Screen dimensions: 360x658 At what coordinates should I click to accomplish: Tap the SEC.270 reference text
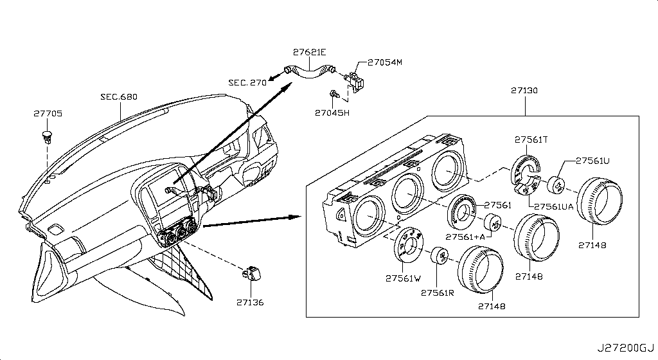(247, 83)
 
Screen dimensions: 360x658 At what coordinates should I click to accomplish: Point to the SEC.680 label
(119, 97)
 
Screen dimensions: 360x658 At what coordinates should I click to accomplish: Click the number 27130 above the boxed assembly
(524, 91)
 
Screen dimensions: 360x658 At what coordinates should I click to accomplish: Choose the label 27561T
(530, 139)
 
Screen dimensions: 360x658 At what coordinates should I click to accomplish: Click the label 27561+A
(466, 236)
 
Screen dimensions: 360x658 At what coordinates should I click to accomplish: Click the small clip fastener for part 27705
(47, 136)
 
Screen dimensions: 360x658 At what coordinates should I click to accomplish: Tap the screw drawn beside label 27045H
(333, 94)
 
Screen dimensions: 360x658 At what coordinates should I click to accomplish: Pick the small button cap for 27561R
(440, 255)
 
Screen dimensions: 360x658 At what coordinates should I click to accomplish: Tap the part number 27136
(249, 302)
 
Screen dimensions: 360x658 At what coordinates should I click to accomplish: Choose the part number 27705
(48, 114)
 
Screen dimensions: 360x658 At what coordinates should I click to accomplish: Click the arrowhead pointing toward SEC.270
(273, 78)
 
